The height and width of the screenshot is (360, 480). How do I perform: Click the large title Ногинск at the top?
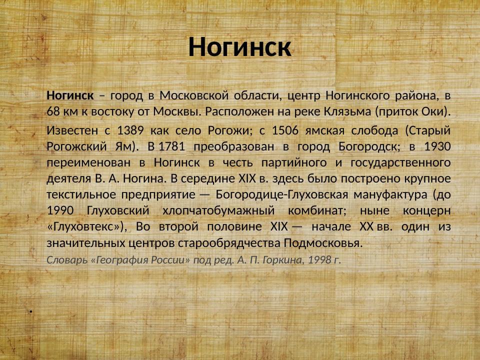click(239, 47)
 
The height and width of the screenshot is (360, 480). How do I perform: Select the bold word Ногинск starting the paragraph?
click(70, 95)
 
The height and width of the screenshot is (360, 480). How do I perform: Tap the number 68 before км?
click(53, 111)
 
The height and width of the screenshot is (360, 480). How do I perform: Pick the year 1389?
click(130, 130)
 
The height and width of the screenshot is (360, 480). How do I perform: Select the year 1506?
click(285, 130)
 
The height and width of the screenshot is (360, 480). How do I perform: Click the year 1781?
click(171, 146)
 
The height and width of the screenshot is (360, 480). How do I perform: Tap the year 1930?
click(437, 146)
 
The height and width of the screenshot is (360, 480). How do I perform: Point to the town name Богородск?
click(369, 147)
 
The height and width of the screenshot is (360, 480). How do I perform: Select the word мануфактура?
click(390, 194)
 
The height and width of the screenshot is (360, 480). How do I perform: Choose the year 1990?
click(60, 210)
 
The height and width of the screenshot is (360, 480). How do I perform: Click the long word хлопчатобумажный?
click(218, 211)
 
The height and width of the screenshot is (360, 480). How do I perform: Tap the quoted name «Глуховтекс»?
click(85, 227)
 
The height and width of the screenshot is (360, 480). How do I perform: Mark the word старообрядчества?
click(229, 243)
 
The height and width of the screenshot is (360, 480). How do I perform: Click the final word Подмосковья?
click(323, 243)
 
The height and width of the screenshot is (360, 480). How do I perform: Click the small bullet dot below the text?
click(31, 311)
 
